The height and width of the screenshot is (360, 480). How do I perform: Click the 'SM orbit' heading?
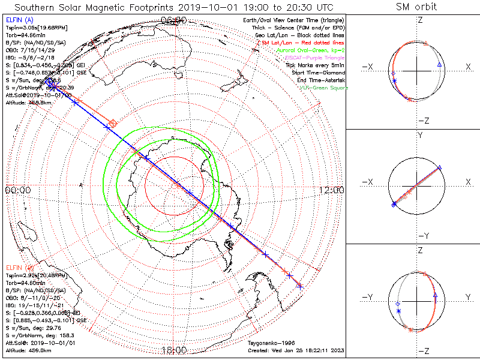(x=416, y=7)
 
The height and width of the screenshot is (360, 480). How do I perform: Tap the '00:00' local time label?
(x=17, y=190)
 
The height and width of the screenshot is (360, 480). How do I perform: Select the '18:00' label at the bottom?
(x=174, y=350)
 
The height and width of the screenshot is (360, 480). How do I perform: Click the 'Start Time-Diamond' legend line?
(x=321, y=73)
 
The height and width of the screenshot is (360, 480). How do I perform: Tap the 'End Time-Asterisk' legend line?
(x=322, y=80)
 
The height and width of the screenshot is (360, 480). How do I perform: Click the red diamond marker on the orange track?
(x=113, y=123)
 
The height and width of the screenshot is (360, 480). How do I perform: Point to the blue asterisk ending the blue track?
(x=299, y=287)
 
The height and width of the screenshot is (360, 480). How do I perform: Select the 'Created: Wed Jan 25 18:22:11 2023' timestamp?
(x=295, y=349)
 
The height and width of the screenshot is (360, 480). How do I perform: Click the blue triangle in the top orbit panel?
(x=440, y=64)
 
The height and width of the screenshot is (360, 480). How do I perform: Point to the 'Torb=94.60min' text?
(x=26, y=281)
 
